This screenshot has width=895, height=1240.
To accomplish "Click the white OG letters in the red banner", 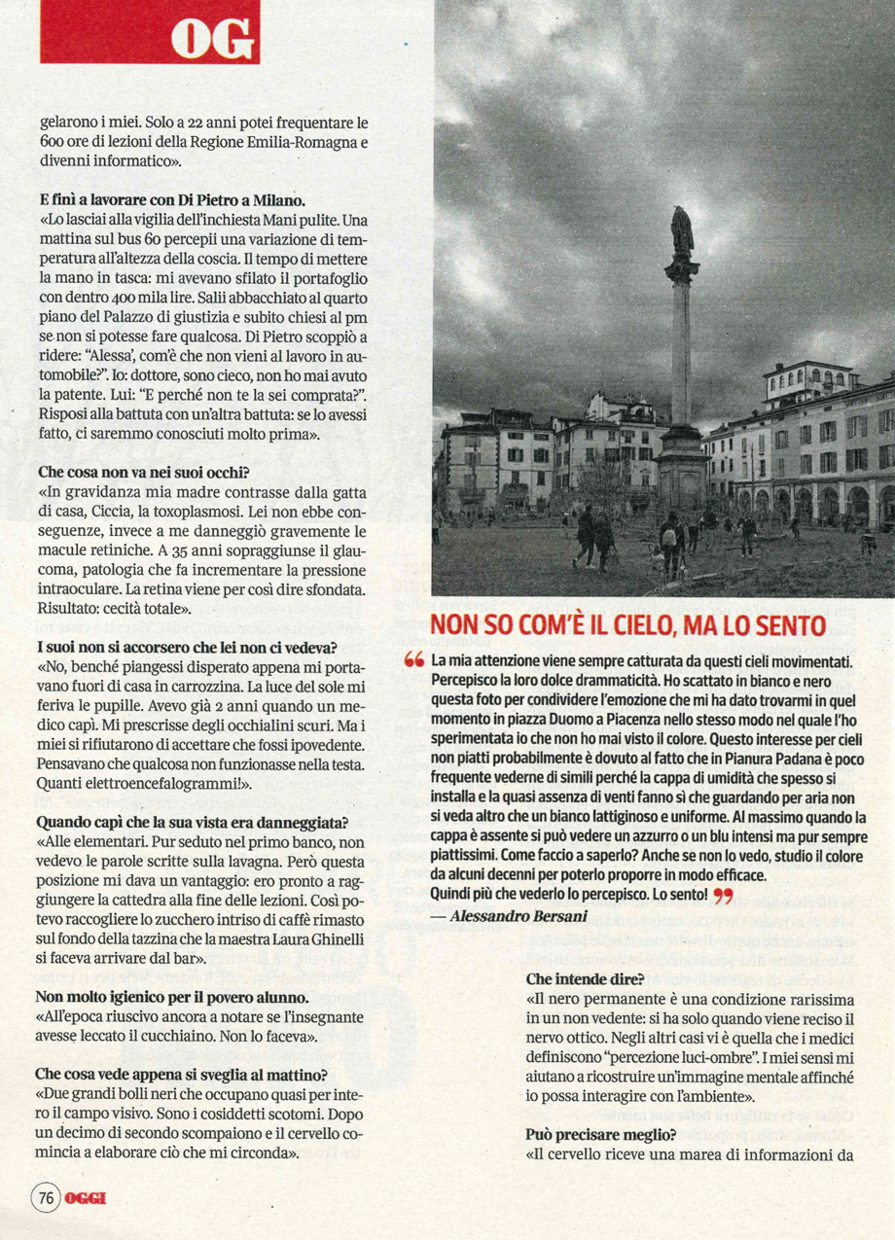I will pos(213,40).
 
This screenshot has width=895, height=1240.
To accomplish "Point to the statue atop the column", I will pos(682,231).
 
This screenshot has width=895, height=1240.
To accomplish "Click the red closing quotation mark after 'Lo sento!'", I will pos(723,894).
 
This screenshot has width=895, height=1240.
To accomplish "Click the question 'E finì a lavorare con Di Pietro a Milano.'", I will pos(157,199).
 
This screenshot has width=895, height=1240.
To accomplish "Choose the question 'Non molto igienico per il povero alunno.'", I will pos(172,997).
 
